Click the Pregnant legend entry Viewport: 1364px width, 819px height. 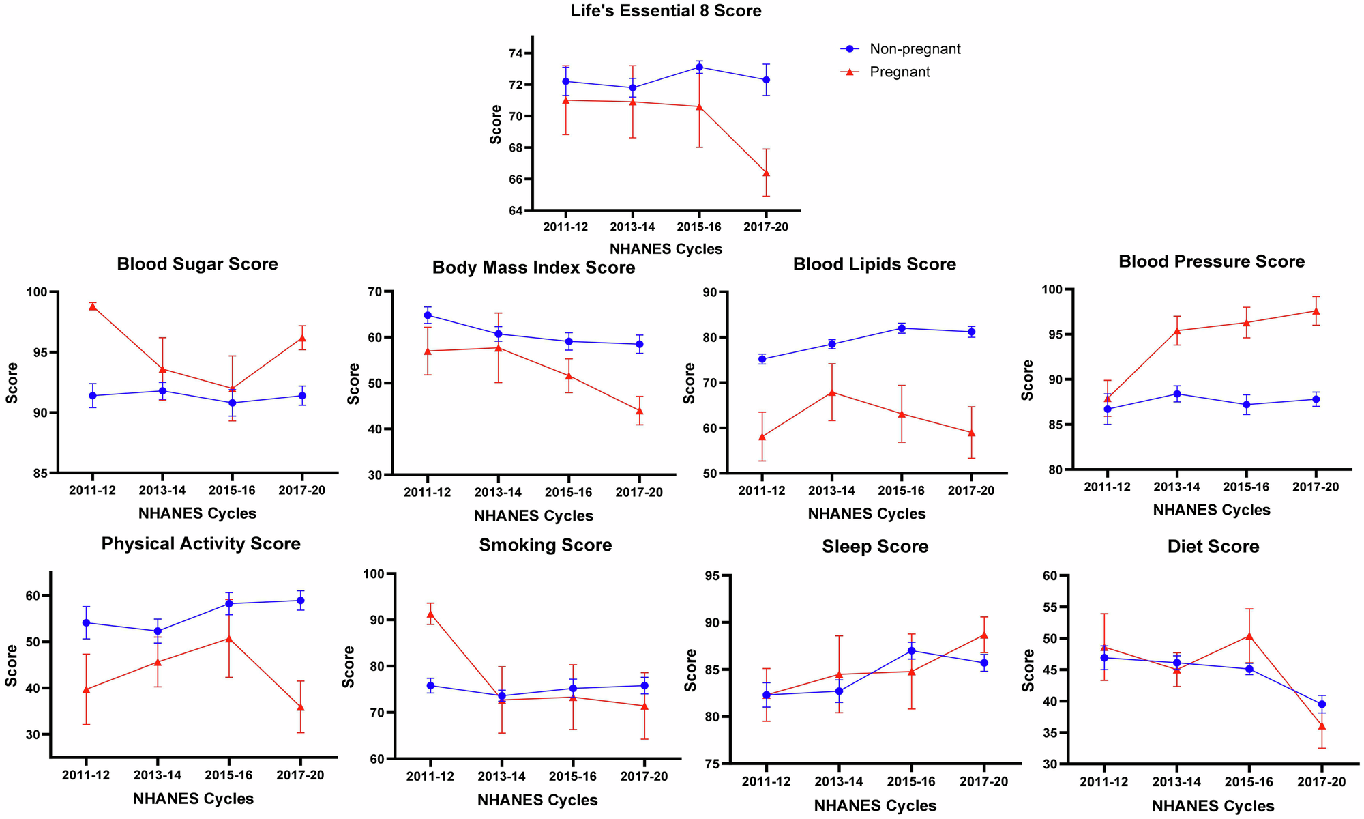click(x=899, y=72)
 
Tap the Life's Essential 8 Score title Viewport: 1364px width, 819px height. click(x=666, y=11)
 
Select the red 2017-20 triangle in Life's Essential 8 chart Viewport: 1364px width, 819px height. click(x=767, y=173)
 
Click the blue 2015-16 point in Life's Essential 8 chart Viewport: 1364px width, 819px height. click(x=700, y=67)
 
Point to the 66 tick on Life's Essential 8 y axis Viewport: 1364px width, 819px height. click(x=515, y=179)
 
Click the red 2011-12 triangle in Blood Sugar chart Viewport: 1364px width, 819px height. click(x=93, y=306)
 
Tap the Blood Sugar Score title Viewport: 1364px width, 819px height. click(x=197, y=264)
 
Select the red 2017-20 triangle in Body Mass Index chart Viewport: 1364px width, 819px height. click(x=640, y=410)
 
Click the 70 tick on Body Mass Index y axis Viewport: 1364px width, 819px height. click(x=373, y=291)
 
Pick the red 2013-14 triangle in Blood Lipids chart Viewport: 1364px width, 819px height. click(x=831, y=392)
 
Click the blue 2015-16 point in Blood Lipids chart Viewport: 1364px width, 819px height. click(x=902, y=328)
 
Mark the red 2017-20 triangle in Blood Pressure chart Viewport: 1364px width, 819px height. click(x=1316, y=311)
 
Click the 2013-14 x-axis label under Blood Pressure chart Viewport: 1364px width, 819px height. click(x=1176, y=487)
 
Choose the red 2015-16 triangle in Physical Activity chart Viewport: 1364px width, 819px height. click(x=228, y=638)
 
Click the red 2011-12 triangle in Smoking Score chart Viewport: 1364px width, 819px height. click(x=430, y=614)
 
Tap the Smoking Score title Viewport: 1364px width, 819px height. click(x=545, y=545)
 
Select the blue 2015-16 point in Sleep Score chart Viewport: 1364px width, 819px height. click(x=911, y=650)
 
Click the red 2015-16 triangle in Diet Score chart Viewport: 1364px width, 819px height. click(x=1249, y=635)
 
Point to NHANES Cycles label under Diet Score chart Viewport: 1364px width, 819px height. click(x=1213, y=806)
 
